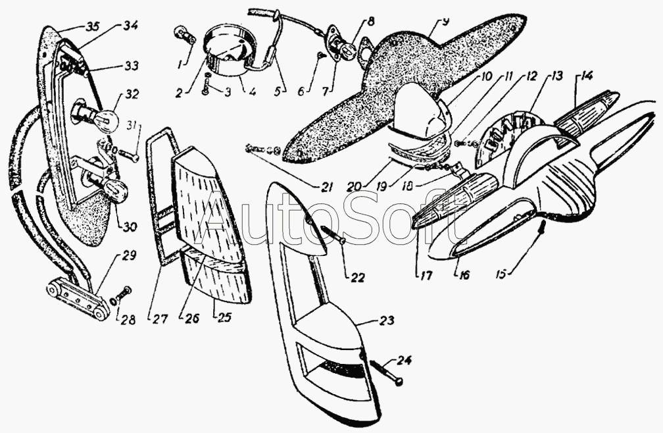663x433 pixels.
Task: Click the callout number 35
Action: tap(92, 27)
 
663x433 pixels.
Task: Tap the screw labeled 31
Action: tap(128, 155)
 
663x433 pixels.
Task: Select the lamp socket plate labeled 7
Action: tap(344, 47)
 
